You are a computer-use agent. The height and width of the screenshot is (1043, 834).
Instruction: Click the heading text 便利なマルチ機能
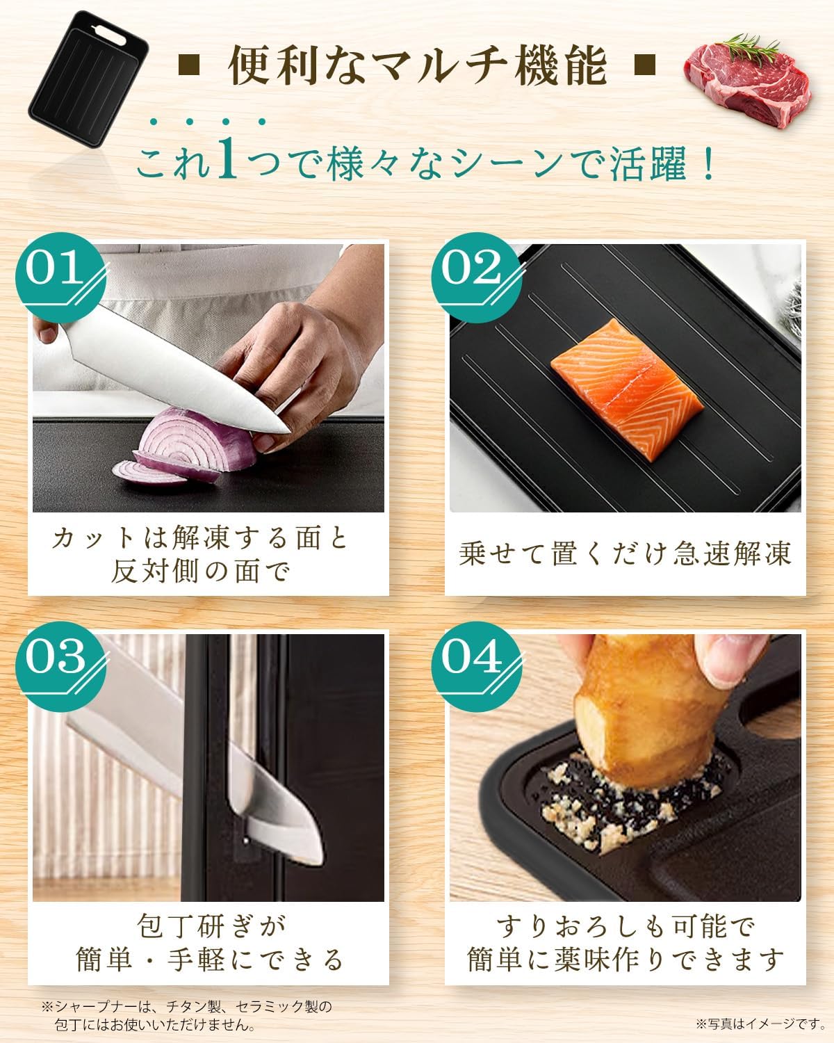pos(417,67)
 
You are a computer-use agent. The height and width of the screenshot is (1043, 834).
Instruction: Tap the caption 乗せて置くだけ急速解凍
pos(624,554)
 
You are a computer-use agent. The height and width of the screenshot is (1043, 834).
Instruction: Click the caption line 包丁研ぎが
pos(208,927)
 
